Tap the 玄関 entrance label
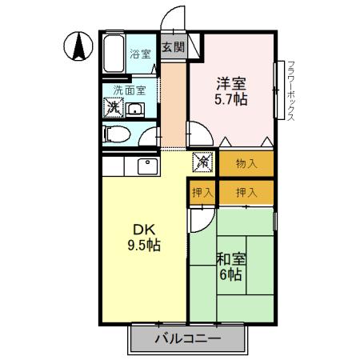[x=173, y=47]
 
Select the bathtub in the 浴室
[x=115, y=54]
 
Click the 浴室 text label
[x=141, y=54]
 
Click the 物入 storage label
[x=246, y=164]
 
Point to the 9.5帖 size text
[x=143, y=246]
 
